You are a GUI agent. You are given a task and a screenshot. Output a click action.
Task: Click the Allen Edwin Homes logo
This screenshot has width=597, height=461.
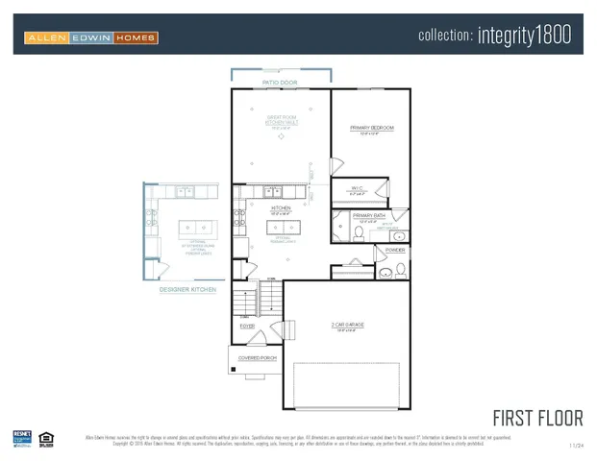coord(90,38)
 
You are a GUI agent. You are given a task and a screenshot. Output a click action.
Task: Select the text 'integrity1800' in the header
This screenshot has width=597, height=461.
coord(523,36)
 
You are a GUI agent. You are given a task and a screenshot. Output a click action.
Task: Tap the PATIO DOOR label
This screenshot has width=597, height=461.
coord(280,84)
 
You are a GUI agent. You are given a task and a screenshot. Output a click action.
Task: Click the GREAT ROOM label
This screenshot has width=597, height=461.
coord(280,118)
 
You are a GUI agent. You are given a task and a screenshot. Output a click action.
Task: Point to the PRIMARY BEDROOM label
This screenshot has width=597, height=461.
coord(371,128)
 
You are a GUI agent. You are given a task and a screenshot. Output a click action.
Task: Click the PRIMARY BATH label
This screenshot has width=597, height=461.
coord(368,215)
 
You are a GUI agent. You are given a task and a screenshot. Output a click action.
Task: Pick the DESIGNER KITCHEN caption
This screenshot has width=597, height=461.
coord(187,289)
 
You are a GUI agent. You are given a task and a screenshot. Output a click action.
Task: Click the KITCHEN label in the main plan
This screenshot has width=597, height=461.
coord(281,207)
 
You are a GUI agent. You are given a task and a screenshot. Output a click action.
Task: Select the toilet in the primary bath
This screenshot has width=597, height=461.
coord(359,231)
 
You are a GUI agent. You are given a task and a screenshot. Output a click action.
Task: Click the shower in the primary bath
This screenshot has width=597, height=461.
coord(339,227)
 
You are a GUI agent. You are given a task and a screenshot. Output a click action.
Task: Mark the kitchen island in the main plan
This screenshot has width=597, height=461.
coord(282,229)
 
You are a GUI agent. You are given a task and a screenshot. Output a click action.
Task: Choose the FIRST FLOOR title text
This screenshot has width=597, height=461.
coord(537,418)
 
